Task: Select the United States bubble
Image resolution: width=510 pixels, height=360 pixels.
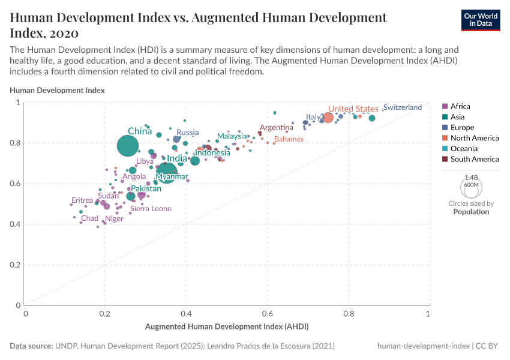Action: (328, 117)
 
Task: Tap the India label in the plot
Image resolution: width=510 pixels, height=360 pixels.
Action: (177, 159)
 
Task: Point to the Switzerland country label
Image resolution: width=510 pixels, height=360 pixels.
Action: (403, 107)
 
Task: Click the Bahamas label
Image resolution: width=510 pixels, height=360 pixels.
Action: (289, 139)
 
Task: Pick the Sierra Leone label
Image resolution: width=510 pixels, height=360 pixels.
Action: (151, 209)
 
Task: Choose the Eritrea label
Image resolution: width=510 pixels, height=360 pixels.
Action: (82, 200)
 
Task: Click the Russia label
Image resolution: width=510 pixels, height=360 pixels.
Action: (188, 133)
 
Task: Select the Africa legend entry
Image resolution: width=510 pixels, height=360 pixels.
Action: (460, 106)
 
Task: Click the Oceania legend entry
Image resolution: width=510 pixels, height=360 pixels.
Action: (463, 148)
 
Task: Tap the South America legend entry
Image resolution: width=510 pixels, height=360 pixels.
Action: (474, 159)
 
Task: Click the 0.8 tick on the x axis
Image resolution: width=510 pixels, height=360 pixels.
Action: (348, 314)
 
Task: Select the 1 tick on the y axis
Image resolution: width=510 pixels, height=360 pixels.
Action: (19, 103)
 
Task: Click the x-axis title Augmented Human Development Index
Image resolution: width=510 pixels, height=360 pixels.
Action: (227, 327)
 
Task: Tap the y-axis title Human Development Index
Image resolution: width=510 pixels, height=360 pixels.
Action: (57, 90)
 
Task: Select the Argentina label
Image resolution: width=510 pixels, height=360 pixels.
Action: (277, 128)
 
